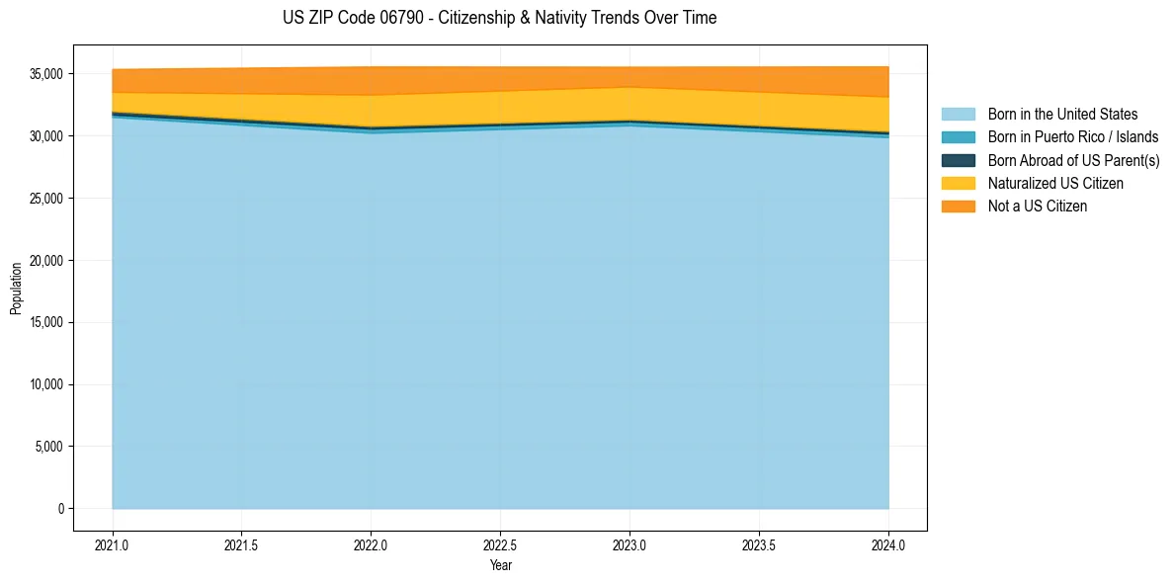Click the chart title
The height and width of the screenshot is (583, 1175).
[x=499, y=18]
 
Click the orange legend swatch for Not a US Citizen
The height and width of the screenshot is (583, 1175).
[x=958, y=206]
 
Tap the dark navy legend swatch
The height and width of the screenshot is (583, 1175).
[x=958, y=160]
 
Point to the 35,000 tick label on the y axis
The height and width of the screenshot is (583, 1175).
[x=45, y=74]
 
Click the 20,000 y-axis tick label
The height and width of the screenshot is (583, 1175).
[x=45, y=261]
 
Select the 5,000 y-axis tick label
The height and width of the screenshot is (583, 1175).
[x=48, y=447]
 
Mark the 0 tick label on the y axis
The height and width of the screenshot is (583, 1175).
[x=61, y=509]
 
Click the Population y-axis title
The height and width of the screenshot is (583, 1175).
[x=16, y=289]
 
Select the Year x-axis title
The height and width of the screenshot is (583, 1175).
[x=500, y=565]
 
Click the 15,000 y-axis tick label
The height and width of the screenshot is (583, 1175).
[x=45, y=322]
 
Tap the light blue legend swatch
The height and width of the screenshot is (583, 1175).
[x=958, y=115]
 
